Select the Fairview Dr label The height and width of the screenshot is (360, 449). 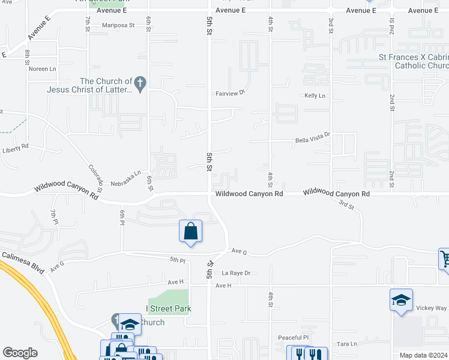click(231, 93)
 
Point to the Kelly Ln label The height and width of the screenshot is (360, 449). click(315, 96)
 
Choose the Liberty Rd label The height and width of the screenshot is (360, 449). click(16, 148)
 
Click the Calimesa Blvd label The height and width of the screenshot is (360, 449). click(23, 263)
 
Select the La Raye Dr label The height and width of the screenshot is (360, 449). click(235, 274)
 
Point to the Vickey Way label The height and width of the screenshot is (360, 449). click(432, 308)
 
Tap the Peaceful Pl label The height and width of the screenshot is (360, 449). click(293, 338)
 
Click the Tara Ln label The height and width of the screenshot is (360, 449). click(347, 344)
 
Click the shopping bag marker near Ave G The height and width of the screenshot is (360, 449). click(190, 232)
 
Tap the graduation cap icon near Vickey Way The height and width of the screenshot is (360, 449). click(401, 300)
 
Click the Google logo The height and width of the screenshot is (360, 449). click(20, 353)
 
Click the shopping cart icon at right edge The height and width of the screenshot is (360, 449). click(445, 259)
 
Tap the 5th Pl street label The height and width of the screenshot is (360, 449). click(177, 260)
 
